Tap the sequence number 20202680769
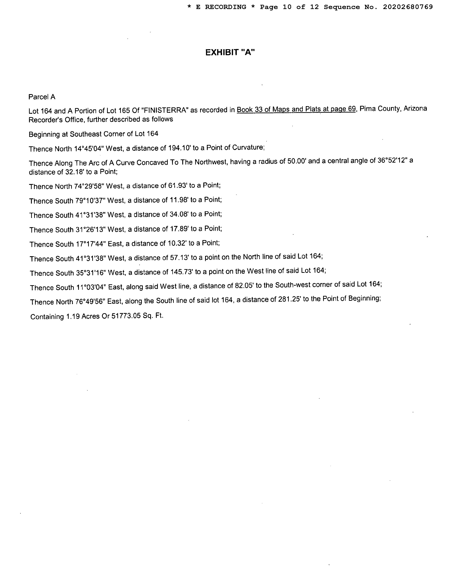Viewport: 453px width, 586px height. pyautogui.click(x=408, y=7)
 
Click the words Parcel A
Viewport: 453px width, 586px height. pyautogui.click(x=42, y=97)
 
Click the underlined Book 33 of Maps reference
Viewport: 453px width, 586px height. pyautogui.click(x=296, y=109)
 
